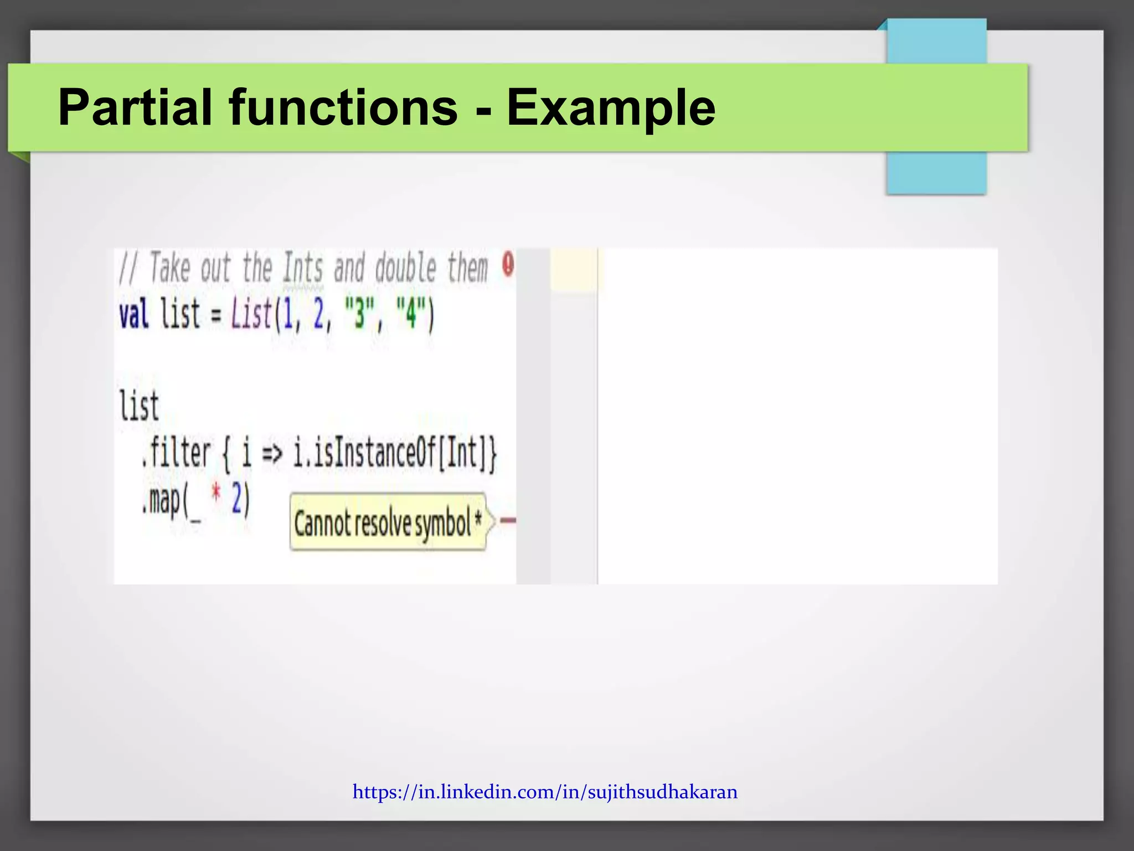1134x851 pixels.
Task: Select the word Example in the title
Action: click(611, 108)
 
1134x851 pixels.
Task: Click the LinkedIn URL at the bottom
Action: click(545, 792)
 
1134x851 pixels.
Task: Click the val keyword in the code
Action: click(134, 314)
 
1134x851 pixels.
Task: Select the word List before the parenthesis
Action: click(251, 314)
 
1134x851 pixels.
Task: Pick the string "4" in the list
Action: click(410, 314)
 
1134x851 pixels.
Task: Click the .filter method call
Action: click(176, 453)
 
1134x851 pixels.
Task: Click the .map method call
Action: click(162, 500)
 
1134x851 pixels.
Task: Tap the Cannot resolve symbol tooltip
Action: click(387, 522)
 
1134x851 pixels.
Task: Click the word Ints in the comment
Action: click(302, 268)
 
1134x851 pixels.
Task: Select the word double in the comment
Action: click(406, 268)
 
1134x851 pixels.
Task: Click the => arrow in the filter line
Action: click(271, 454)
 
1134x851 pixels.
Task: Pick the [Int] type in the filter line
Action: click(464, 453)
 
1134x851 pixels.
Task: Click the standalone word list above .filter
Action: click(139, 406)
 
